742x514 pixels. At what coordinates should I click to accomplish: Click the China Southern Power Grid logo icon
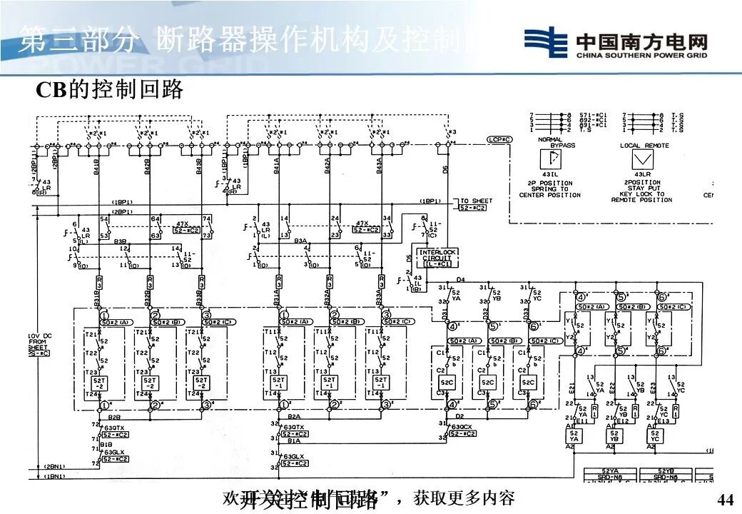point(546,42)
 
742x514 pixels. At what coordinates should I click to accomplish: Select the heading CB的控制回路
point(110,89)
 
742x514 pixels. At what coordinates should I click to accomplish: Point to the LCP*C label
point(499,139)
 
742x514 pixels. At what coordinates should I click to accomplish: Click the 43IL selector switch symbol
point(549,161)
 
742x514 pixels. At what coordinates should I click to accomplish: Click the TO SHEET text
point(476,201)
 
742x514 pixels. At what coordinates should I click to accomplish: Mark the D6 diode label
point(445,170)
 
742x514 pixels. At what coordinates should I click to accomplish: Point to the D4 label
point(460,279)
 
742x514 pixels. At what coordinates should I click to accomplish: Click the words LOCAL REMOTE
point(644,146)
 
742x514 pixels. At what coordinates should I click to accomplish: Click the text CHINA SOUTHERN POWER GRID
point(642,54)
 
